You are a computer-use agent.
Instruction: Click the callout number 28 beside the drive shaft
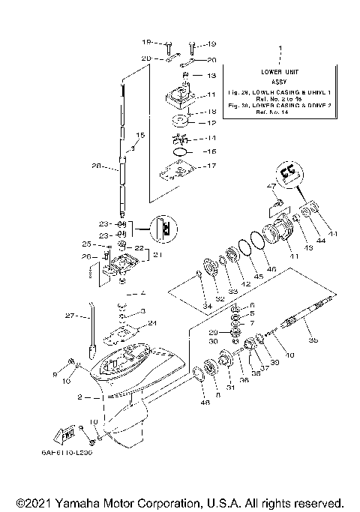pos(94,167)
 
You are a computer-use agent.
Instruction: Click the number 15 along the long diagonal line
pos(138,136)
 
